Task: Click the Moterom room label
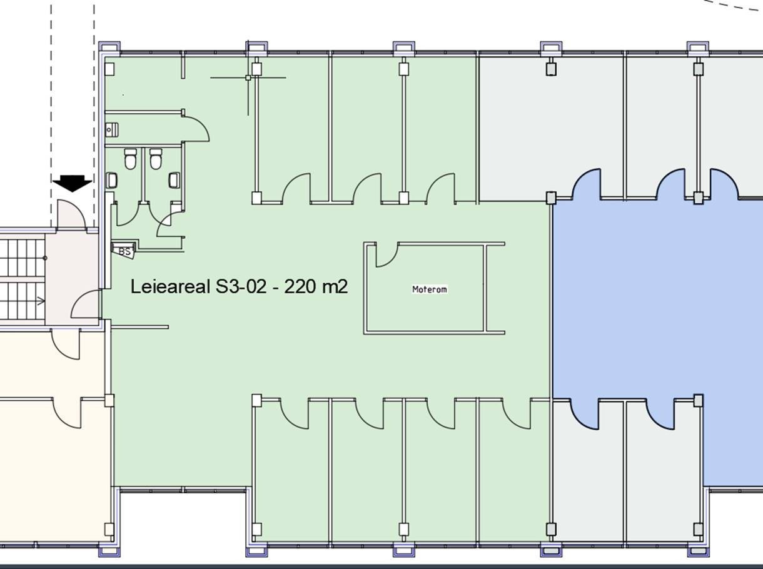(x=430, y=290)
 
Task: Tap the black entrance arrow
(x=72, y=183)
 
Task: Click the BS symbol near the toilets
(x=124, y=251)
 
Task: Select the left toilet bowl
(x=131, y=159)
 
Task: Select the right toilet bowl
(x=156, y=159)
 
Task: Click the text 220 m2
(x=316, y=287)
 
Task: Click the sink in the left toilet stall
(x=112, y=181)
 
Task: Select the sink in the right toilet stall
(x=174, y=181)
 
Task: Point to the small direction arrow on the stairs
(x=41, y=301)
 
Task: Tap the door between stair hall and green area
(x=86, y=305)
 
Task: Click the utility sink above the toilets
(x=112, y=130)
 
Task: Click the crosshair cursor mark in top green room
(x=248, y=78)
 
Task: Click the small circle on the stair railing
(x=45, y=258)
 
